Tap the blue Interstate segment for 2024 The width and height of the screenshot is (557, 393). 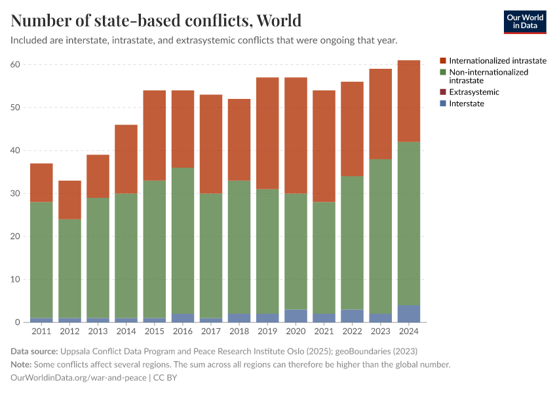pyautogui.click(x=409, y=313)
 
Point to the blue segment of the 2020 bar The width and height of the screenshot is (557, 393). pyautogui.click(x=296, y=316)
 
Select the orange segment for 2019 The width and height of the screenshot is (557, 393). pyautogui.click(x=267, y=133)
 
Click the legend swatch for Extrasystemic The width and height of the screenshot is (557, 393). pyautogui.click(x=443, y=92)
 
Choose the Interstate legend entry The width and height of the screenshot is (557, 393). pyautogui.click(x=467, y=103)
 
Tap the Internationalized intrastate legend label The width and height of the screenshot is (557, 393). pyautogui.click(x=497, y=60)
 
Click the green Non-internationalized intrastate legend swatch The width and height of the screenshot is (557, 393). pyautogui.click(x=443, y=72)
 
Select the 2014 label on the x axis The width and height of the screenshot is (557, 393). pyautogui.click(x=126, y=331)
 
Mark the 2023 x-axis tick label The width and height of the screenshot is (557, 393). pyautogui.click(x=381, y=331)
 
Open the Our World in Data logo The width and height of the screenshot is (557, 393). pyautogui.click(x=524, y=22)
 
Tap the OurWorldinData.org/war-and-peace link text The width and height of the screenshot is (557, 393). pyautogui.click(x=79, y=377)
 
